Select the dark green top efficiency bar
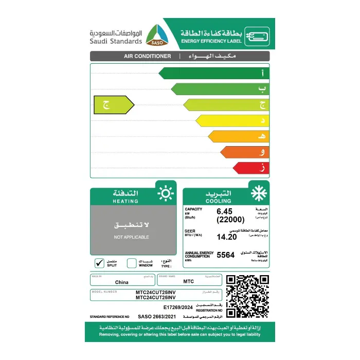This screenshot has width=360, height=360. (213, 73)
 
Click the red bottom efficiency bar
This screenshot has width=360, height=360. (251, 168)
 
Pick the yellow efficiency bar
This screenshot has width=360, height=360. (232, 120)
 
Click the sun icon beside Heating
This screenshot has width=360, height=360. (165, 193)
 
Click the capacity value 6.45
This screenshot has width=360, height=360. (225, 211)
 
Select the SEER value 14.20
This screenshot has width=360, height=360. (227, 237)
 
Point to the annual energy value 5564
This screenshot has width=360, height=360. (226, 255)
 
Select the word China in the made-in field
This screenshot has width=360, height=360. (122, 282)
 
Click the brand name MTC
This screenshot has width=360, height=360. (188, 282)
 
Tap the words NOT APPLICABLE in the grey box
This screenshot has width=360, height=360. (132, 237)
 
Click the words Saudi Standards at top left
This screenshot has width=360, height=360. (116, 41)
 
